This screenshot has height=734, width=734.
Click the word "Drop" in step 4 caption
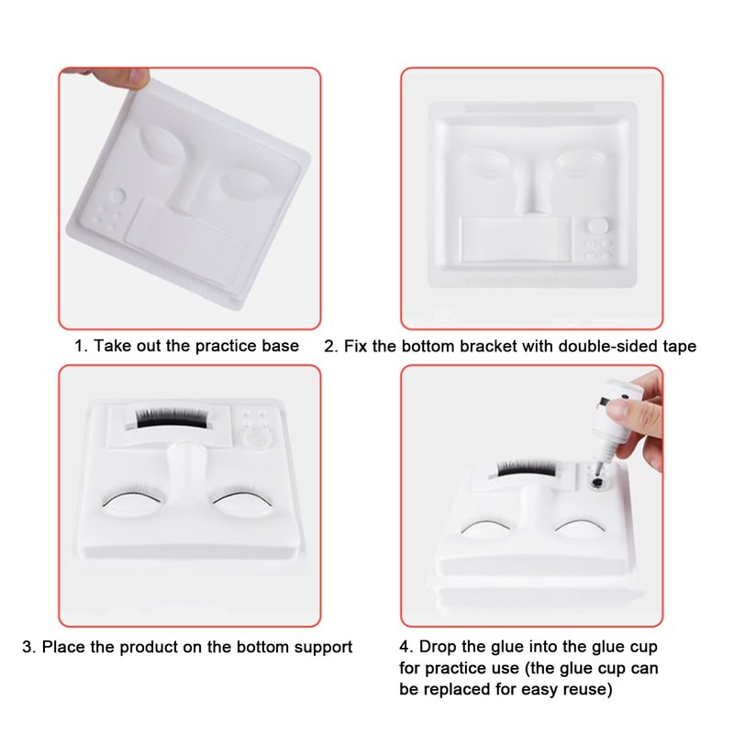[439, 647]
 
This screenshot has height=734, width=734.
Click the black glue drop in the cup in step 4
[595, 484]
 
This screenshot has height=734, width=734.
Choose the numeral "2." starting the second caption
[331, 347]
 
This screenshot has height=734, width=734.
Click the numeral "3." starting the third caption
[29, 648]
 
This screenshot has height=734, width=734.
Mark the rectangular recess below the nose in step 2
[517, 239]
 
